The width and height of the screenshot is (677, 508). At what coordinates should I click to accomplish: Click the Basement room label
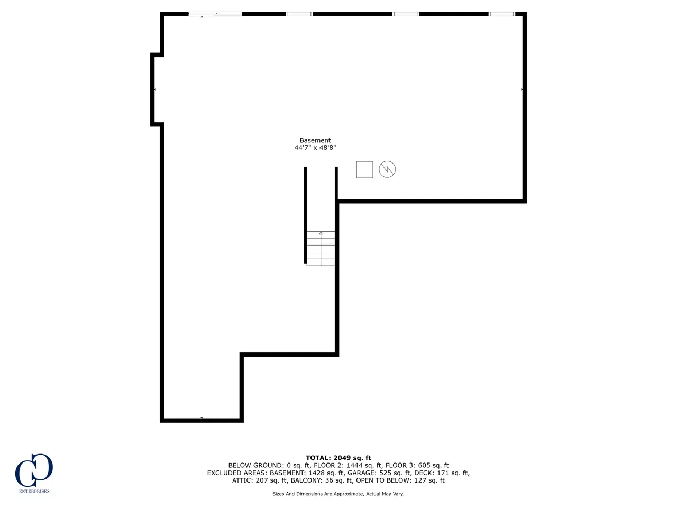click(315, 140)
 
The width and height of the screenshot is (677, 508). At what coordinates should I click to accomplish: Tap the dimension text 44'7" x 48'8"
click(315, 148)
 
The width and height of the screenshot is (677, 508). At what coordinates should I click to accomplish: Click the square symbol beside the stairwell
click(364, 170)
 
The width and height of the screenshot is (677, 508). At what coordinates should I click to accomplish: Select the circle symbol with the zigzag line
click(387, 169)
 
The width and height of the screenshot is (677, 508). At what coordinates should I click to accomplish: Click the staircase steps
click(321, 249)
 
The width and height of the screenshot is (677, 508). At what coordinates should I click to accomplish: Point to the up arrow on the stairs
click(321, 233)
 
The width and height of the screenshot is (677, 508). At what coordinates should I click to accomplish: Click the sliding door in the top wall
click(215, 14)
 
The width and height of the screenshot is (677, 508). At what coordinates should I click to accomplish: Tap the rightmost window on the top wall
click(502, 14)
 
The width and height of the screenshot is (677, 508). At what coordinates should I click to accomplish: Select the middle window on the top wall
click(405, 14)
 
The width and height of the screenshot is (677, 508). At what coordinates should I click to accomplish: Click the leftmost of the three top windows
click(299, 14)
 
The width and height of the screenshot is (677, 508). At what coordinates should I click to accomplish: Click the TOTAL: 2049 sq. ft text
click(338, 458)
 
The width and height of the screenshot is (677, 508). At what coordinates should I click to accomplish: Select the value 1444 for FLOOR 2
click(354, 465)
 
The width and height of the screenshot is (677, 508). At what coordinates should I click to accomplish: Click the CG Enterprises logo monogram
click(34, 470)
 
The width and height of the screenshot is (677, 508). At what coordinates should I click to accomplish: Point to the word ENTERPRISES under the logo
click(34, 491)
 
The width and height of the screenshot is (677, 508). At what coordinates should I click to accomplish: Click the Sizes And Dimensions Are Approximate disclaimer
click(338, 494)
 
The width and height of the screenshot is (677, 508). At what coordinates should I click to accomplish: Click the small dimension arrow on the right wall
click(522, 89)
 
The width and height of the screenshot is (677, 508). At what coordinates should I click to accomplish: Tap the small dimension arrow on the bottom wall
click(202, 418)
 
